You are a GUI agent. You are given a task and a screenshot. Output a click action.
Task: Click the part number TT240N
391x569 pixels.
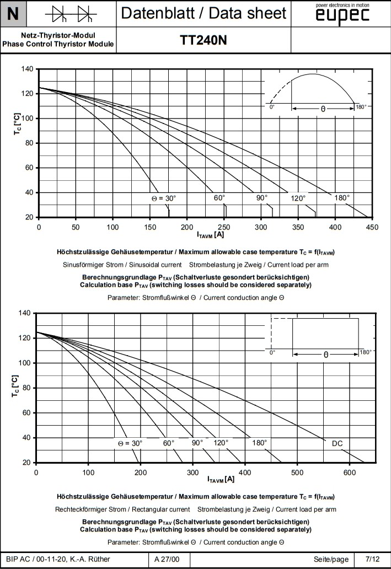[x=203, y=40]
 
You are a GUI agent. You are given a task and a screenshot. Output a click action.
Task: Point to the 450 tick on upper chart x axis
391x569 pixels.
[x=372, y=227]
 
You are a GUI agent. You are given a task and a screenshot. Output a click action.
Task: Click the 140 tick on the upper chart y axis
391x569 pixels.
[x=27, y=69]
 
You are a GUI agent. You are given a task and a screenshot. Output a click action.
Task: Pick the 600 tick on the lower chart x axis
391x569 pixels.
[x=350, y=472]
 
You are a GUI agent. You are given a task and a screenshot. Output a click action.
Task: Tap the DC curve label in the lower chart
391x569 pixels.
[x=338, y=443]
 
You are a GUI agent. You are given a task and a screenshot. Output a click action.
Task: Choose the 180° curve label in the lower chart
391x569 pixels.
[x=259, y=442]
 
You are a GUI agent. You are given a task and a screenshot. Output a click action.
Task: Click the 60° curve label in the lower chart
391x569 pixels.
[x=169, y=442]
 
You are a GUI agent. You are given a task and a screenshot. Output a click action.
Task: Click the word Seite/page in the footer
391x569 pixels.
[x=331, y=560]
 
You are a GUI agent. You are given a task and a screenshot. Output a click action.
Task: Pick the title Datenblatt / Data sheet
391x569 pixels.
[x=203, y=13]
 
